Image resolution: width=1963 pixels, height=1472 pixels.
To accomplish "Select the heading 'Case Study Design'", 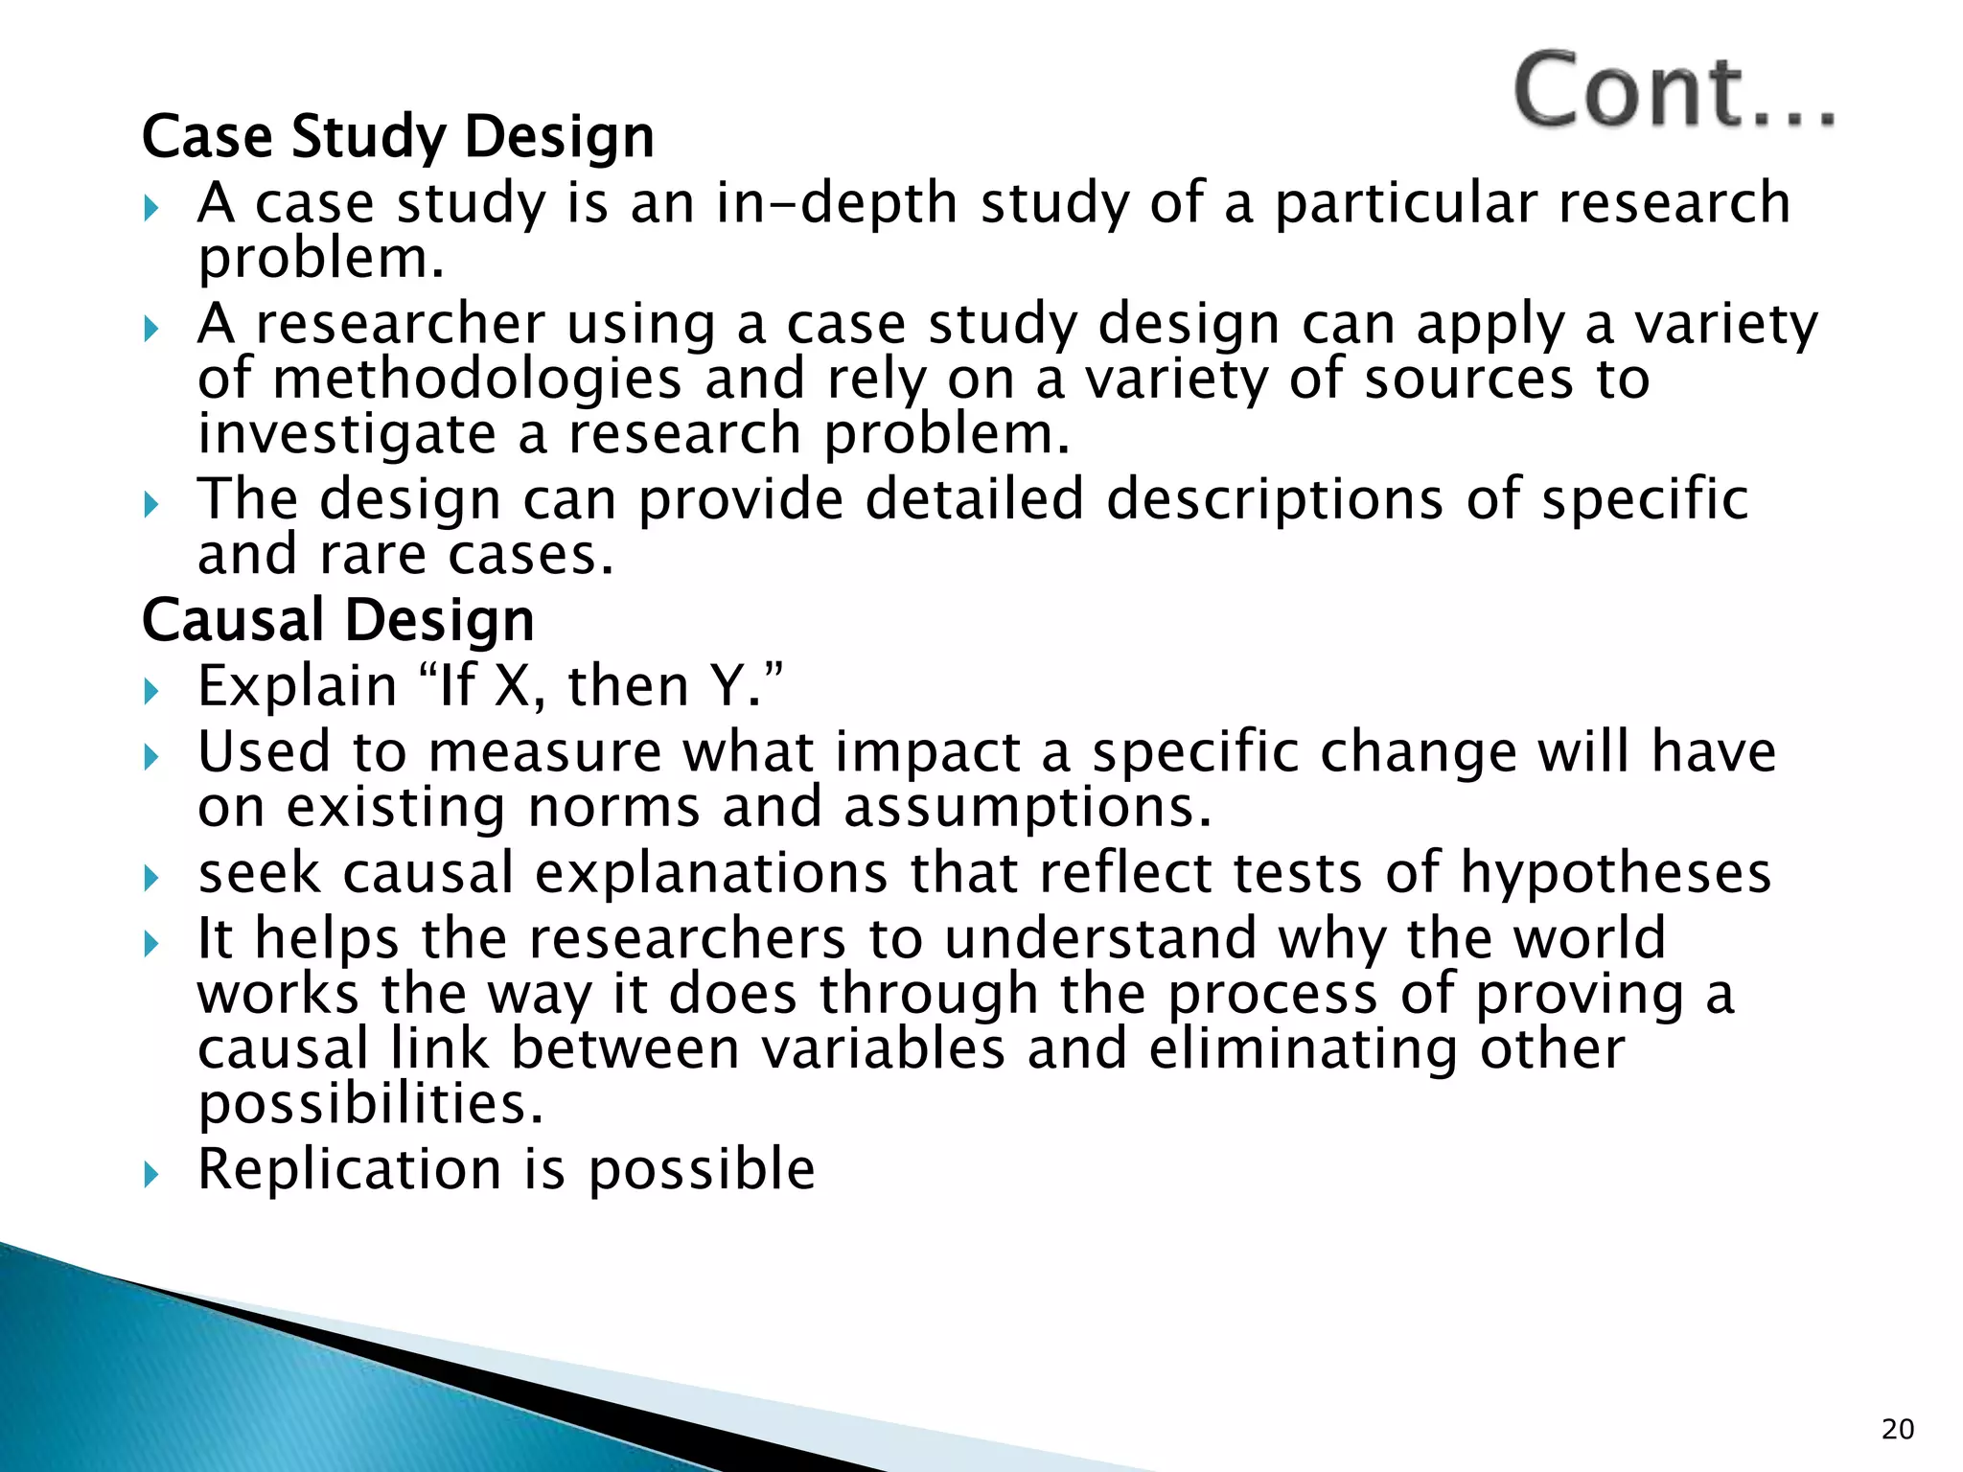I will pyautogui.click(x=398, y=137).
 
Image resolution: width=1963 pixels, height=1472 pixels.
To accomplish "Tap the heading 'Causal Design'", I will pyautogui.click(x=337, y=621).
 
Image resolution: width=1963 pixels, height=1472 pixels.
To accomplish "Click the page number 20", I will pyautogui.click(x=1897, y=1429).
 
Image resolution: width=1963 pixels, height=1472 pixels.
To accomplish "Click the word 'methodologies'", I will pyautogui.click(x=476, y=379).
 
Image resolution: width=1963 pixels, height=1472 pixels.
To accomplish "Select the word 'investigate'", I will pyautogui.click(x=347, y=434).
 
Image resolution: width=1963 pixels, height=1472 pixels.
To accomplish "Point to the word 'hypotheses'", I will pyautogui.click(x=1616, y=874).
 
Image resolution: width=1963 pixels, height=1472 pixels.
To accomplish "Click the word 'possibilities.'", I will pyautogui.click(x=371, y=1103).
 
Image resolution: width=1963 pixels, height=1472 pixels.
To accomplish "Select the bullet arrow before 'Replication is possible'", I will pyautogui.click(x=150, y=1173).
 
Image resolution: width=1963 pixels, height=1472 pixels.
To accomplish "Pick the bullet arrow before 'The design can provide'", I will pyautogui.click(x=150, y=503).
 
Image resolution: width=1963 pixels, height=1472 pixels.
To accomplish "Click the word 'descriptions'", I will pyautogui.click(x=1274, y=500).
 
